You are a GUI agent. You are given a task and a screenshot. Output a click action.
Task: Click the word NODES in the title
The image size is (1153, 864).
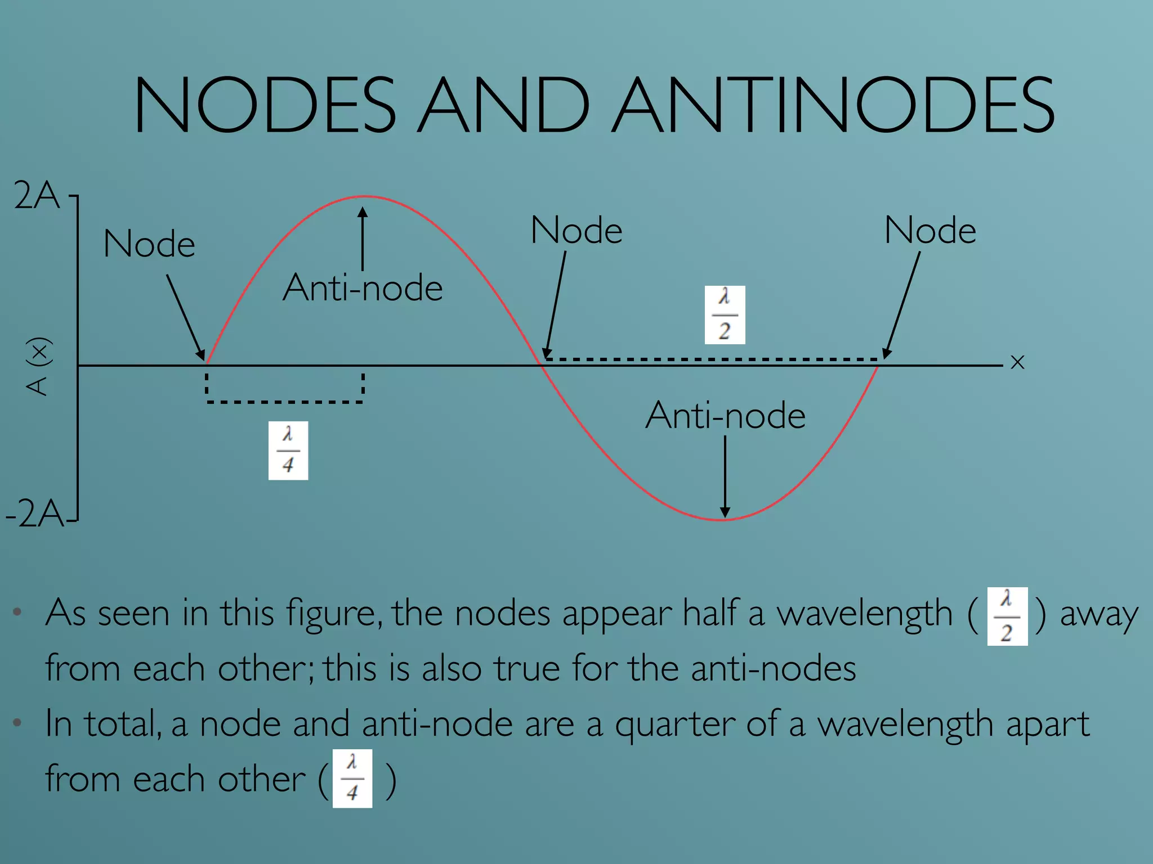tap(265, 105)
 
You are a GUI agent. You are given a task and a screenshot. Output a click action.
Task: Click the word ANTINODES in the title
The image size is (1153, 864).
tap(834, 105)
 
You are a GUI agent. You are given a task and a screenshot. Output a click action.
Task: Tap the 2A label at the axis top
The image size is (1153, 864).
tap(37, 196)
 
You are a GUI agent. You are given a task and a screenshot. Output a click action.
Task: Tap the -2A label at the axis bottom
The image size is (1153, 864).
tap(35, 513)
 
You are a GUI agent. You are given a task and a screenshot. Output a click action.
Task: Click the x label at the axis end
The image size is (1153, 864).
tap(1017, 362)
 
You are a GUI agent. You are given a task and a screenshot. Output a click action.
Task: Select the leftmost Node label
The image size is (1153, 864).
tap(149, 244)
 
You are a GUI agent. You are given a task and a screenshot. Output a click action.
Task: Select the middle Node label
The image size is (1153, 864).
tap(576, 231)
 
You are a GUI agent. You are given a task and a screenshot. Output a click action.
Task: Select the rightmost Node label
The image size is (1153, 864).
tap(930, 231)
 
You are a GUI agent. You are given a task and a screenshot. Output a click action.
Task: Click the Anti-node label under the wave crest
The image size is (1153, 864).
tap(363, 288)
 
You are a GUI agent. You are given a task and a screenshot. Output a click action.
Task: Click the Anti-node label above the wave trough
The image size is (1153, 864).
tap(725, 416)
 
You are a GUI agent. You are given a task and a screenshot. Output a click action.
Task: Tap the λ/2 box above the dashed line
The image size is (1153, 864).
tap(725, 315)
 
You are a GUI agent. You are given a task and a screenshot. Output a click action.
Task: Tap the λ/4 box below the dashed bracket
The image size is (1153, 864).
tap(288, 451)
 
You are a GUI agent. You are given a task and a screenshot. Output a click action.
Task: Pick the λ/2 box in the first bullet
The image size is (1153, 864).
tap(1008, 616)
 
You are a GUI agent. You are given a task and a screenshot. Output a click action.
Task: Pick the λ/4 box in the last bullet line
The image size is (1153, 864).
tap(352, 778)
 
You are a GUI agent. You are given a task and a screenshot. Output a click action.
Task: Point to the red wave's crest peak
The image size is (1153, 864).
tap(365, 197)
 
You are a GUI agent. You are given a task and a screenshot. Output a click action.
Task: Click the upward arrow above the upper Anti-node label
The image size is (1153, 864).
tap(363, 239)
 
